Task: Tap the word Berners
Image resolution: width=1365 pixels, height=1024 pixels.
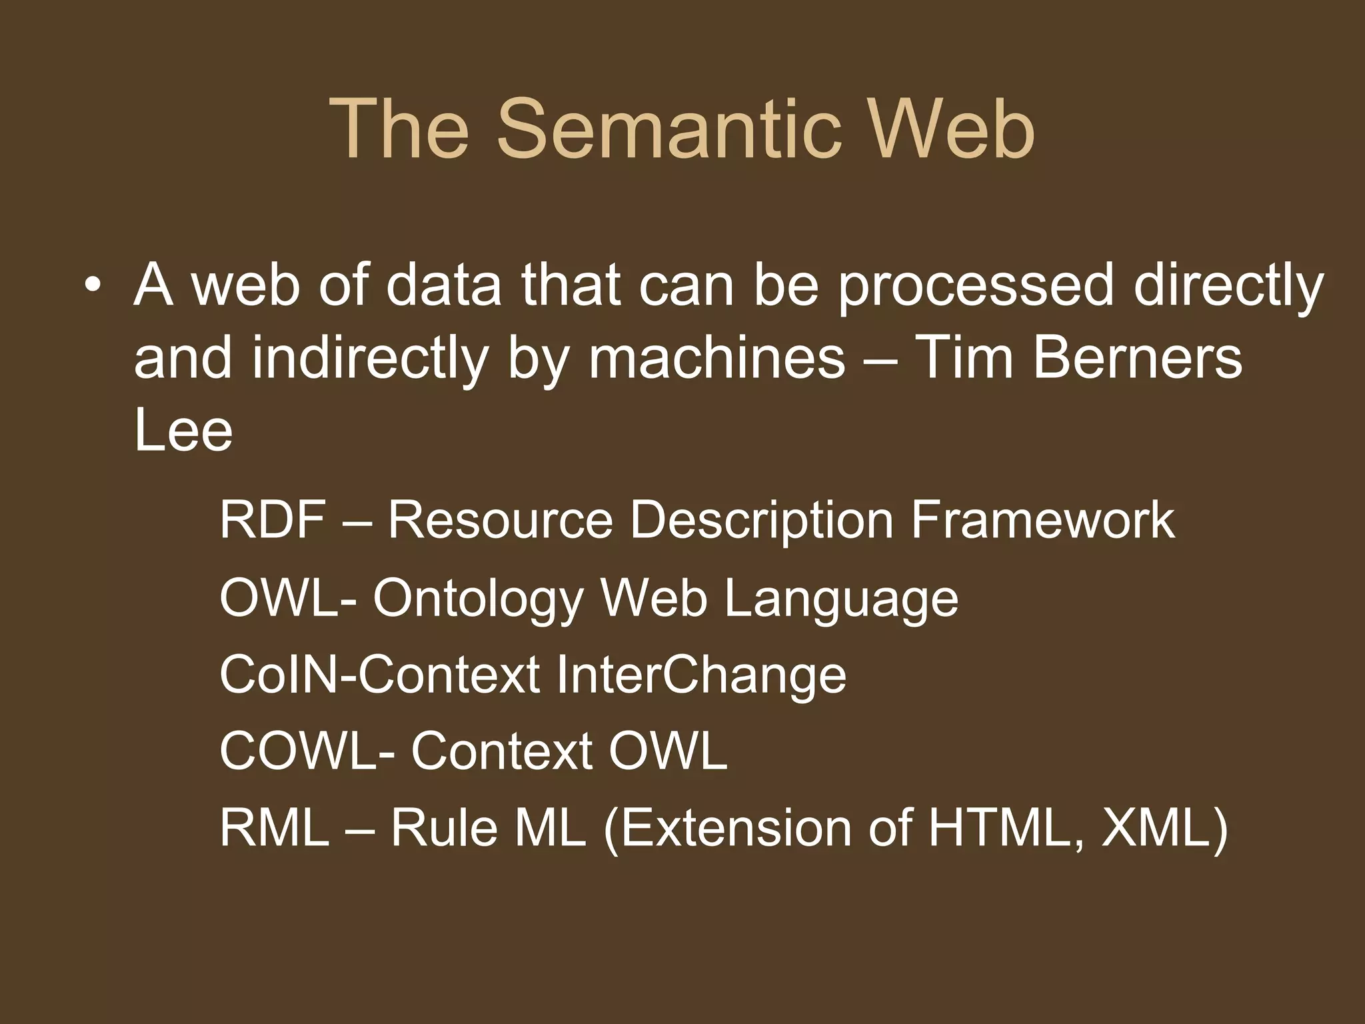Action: (x=1137, y=358)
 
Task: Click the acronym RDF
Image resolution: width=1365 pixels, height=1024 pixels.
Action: (x=273, y=520)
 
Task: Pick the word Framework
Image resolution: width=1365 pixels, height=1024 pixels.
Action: (x=1042, y=520)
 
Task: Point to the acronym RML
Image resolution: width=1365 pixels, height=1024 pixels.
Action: (x=274, y=829)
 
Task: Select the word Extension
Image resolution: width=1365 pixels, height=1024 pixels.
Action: (x=726, y=829)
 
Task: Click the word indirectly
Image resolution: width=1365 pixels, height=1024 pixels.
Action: (x=371, y=358)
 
